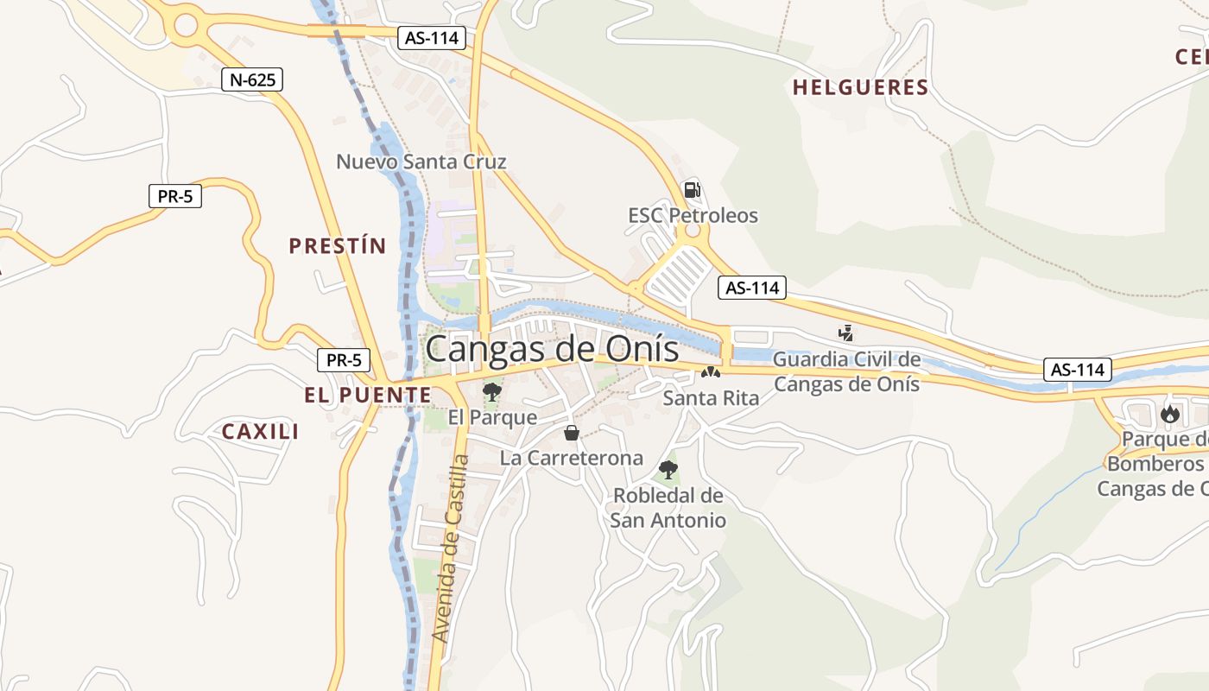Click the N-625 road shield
pos(252,80)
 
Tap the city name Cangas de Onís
pos(553,349)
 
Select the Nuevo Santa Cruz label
pos(421,162)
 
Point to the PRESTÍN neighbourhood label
pos(338,246)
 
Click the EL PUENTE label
pos(367,396)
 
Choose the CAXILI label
pos(261,432)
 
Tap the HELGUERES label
pos(860,87)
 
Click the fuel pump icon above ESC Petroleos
pos(692,190)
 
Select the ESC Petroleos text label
pos(693,215)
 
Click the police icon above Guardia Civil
pos(845,333)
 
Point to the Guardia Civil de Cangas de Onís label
pos(846,371)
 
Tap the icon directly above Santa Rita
pos(711,373)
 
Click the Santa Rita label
pos(711,398)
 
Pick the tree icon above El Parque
pos(492,392)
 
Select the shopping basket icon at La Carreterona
pos(571,433)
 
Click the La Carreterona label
pos(572,458)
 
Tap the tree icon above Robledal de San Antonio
pos(668,470)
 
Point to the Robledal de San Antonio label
pos(668,508)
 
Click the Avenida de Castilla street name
pos(452,548)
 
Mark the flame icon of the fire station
pos(1170,414)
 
